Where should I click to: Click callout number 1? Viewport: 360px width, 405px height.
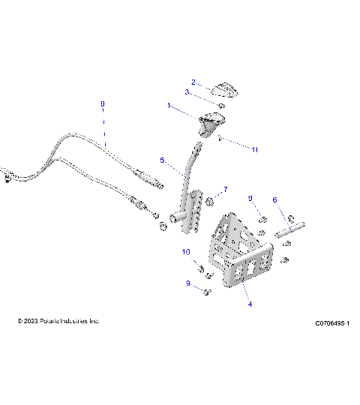click(169, 106)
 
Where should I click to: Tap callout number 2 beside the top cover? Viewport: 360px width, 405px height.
click(193, 82)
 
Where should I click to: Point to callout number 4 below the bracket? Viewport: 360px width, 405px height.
click(250, 304)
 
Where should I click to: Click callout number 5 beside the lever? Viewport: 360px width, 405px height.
click(161, 160)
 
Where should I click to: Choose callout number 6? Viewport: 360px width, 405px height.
click(274, 200)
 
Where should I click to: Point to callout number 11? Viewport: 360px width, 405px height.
click(255, 150)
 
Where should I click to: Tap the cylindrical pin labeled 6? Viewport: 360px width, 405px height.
click(292, 228)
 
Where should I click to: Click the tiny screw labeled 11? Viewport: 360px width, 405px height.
click(218, 138)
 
